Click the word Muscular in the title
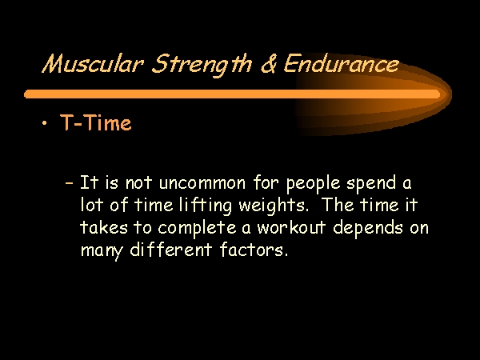(93, 64)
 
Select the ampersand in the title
(269, 64)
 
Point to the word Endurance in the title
(342, 64)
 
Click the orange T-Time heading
(96, 122)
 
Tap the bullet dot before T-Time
(45, 123)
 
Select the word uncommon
(202, 184)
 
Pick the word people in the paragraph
(313, 184)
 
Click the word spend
(371, 184)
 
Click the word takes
(103, 228)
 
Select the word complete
(197, 229)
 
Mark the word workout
(291, 228)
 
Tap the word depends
(368, 229)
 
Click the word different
(171, 249)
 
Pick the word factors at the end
(254, 249)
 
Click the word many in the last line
(102, 251)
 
